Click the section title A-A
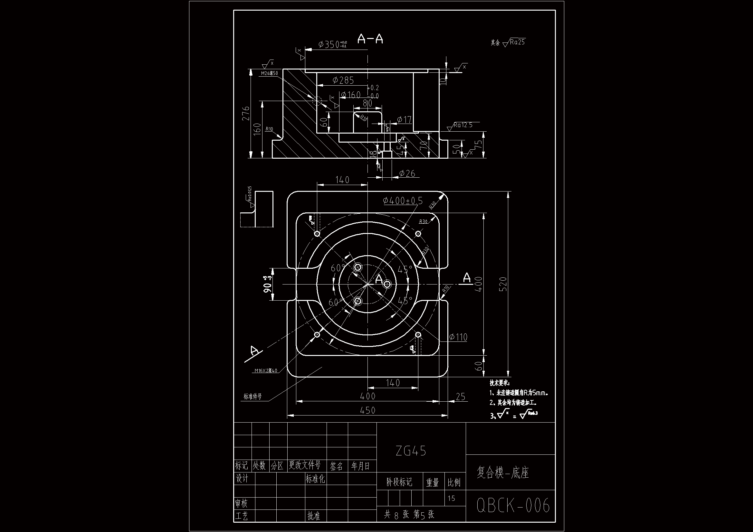[x=370, y=39]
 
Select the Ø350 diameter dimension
[x=332, y=44]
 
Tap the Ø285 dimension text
[x=343, y=80]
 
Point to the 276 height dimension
[x=246, y=113]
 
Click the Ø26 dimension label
[x=407, y=173]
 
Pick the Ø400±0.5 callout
[x=402, y=201]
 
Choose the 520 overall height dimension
[x=504, y=284]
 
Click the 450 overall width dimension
[x=368, y=410]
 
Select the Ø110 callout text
[x=458, y=337]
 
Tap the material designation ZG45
[x=411, y=451]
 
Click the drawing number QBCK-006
[x=513, y=505]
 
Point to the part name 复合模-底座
[x=502, y=473]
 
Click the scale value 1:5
[x=451, y=499]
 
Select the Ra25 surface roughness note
[x=517, y=42]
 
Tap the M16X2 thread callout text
[x=266, y=371]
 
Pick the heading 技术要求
[x=500, y=383]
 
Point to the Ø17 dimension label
[x=404, y=120]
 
